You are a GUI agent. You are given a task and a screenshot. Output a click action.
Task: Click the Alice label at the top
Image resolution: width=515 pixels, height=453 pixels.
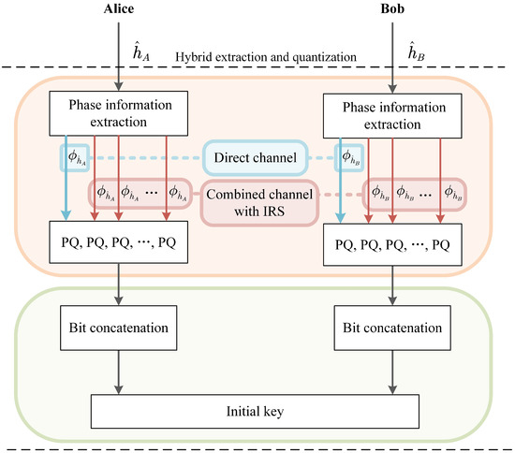(117, 11)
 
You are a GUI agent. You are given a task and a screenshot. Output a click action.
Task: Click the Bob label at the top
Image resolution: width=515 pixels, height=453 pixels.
(392, 11)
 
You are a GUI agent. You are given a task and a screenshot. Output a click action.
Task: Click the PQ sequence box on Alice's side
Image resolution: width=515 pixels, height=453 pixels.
(116, 249)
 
